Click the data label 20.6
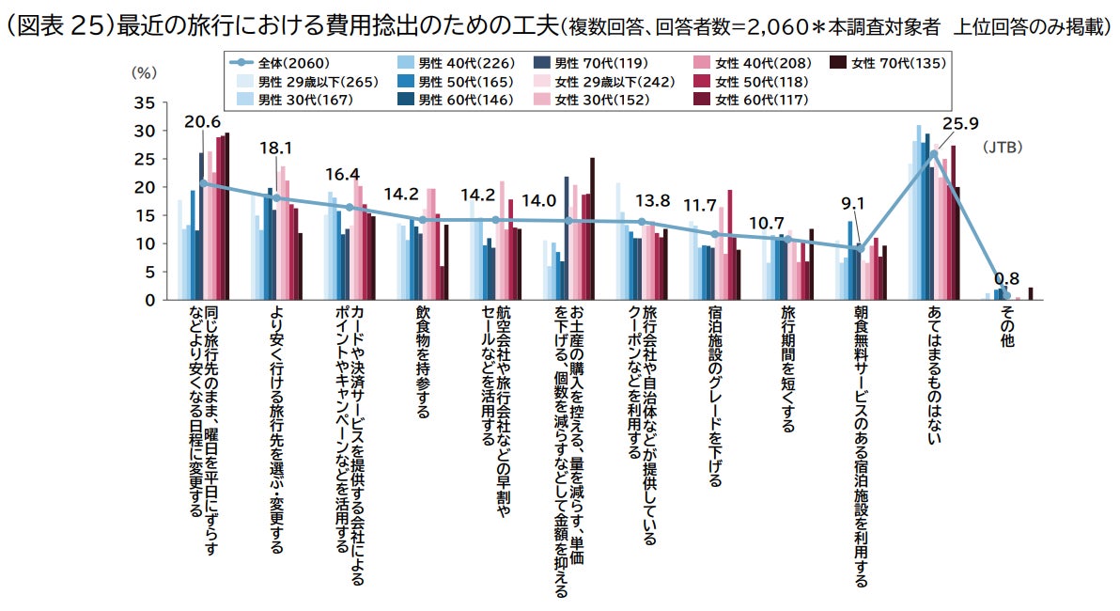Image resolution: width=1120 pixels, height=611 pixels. (x=202, y=122)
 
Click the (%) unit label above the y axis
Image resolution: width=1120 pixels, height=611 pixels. (x=143, y=71)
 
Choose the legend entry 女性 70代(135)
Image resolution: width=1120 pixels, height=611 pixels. (x=889, y=64)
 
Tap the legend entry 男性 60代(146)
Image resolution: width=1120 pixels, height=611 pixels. (x=455, y=99)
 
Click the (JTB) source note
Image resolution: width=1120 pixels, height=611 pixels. (x=1003, y=148)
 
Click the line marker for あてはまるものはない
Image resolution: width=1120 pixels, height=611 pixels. (x=934, y=153)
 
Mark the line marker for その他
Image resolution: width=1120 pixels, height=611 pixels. (x=1006, y=295)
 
